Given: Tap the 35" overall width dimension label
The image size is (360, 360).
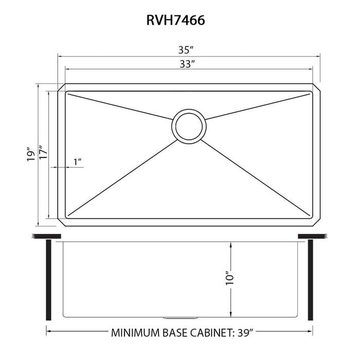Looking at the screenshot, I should (x=186, y=50).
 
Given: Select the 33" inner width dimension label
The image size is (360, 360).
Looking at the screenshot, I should (x=186, y=64).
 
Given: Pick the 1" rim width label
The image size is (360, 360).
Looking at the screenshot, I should (x=78, y=162).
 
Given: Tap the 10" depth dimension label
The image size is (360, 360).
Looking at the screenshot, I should (x=230, y=278).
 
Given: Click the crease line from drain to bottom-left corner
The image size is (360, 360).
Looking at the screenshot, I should (x=123, y=174).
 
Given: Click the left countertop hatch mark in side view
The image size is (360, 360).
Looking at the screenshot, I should (x=35, y=236).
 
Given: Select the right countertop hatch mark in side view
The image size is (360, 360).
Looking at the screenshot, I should (x=324, y=236).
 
